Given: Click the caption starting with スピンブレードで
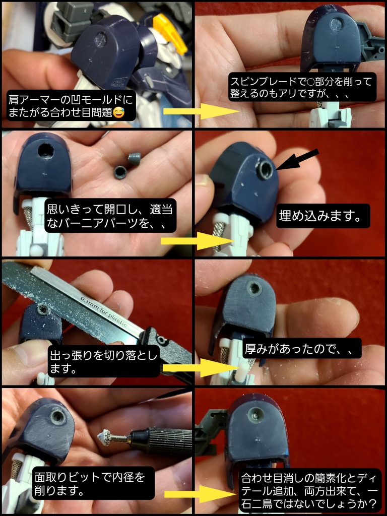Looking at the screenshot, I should click(301, 87).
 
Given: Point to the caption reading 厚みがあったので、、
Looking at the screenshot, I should click(302, 348).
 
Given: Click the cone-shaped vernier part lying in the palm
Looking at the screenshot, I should click(134, 159).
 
